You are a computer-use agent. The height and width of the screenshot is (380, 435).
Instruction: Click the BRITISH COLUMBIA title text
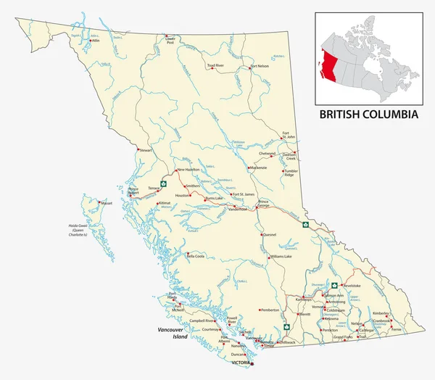[370, 115]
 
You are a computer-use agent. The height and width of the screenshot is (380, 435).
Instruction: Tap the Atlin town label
[95, 41]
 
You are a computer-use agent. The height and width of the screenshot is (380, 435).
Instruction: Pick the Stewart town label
[146, 150]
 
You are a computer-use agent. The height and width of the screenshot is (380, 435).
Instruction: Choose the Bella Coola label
[196, 256]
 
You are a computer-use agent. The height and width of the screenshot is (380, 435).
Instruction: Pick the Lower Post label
[170, 41]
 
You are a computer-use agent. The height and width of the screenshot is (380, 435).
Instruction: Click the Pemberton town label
[269, 310]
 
